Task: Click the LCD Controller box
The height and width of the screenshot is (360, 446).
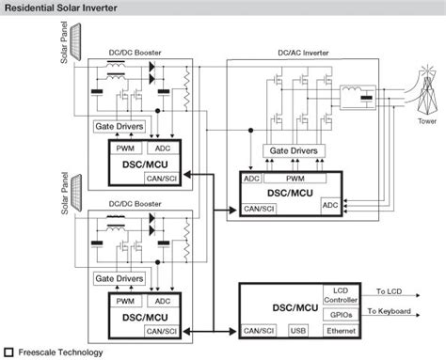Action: point(342,296)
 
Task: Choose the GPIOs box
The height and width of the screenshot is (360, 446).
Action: point(342,314)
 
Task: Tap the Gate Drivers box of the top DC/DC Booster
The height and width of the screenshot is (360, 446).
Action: point(119,126)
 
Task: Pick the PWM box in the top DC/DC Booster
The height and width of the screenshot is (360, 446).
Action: point(125,147)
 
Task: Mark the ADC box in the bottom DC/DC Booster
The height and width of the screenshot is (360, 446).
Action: point(162,300)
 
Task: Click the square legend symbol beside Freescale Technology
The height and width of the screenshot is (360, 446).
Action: point(8,352)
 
